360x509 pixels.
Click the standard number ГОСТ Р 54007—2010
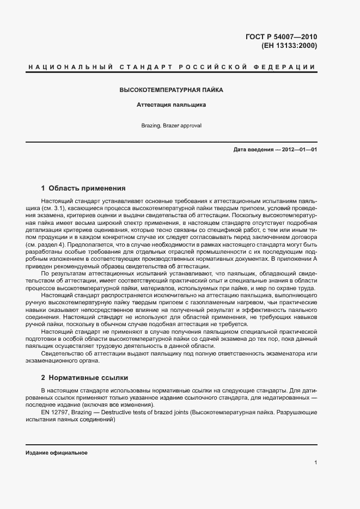pos(281,37)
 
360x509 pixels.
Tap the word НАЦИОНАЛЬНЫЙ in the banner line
pos(69,67)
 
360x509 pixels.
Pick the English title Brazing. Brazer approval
pos(172,125)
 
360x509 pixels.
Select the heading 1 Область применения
pos(83,188)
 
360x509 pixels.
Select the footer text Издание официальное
pos(57,453)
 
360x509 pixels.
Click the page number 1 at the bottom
pos(315,463)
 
